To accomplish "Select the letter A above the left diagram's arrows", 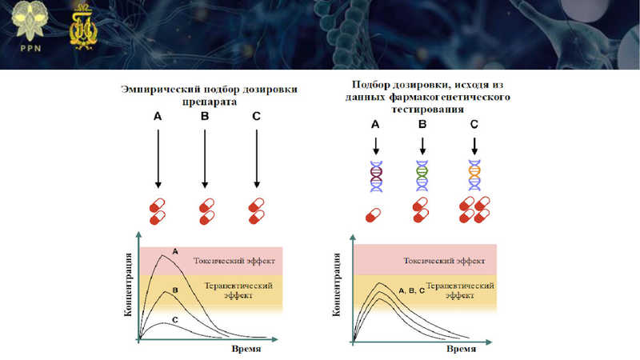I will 158,117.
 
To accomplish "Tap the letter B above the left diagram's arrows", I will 205,117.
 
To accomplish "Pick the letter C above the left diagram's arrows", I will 255,117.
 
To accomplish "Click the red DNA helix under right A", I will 374,177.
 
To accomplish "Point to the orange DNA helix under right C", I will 474,177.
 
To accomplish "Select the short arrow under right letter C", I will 474,146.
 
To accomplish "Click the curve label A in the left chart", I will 175,251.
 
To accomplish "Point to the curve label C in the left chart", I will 175,319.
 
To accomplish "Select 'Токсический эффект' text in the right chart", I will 445,261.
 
